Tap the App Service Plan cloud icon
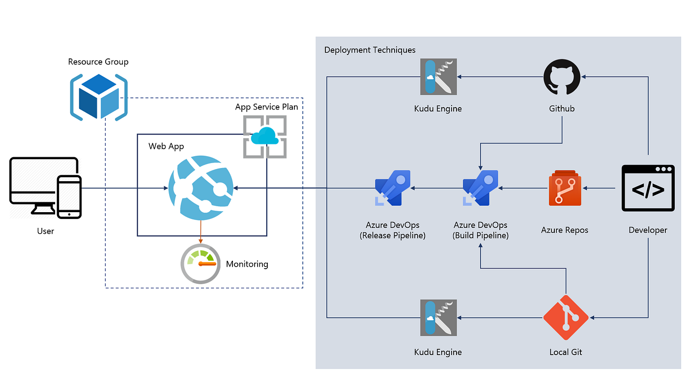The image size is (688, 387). tap(265, 137)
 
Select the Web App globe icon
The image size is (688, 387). tap(200, 188)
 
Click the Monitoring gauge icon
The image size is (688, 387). tap(201, 264)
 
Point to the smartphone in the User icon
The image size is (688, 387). tap(69, 196)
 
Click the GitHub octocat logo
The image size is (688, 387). tap(562, 77)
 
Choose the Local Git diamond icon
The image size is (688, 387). tap(566, 318)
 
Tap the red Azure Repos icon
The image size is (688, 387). tap(565, 188)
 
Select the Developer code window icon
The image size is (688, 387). tap(648, 188)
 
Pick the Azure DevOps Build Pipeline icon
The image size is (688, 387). tap(480, 188)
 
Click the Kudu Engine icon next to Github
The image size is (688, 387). tap(438, 77)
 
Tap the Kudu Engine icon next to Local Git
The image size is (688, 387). tap(438, 318)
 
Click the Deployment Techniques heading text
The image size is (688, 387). tap(370, 50)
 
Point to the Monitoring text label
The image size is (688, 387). tap(247, 264)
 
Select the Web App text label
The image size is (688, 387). tap(166, 146)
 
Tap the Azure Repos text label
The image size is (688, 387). tap(564, 230)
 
